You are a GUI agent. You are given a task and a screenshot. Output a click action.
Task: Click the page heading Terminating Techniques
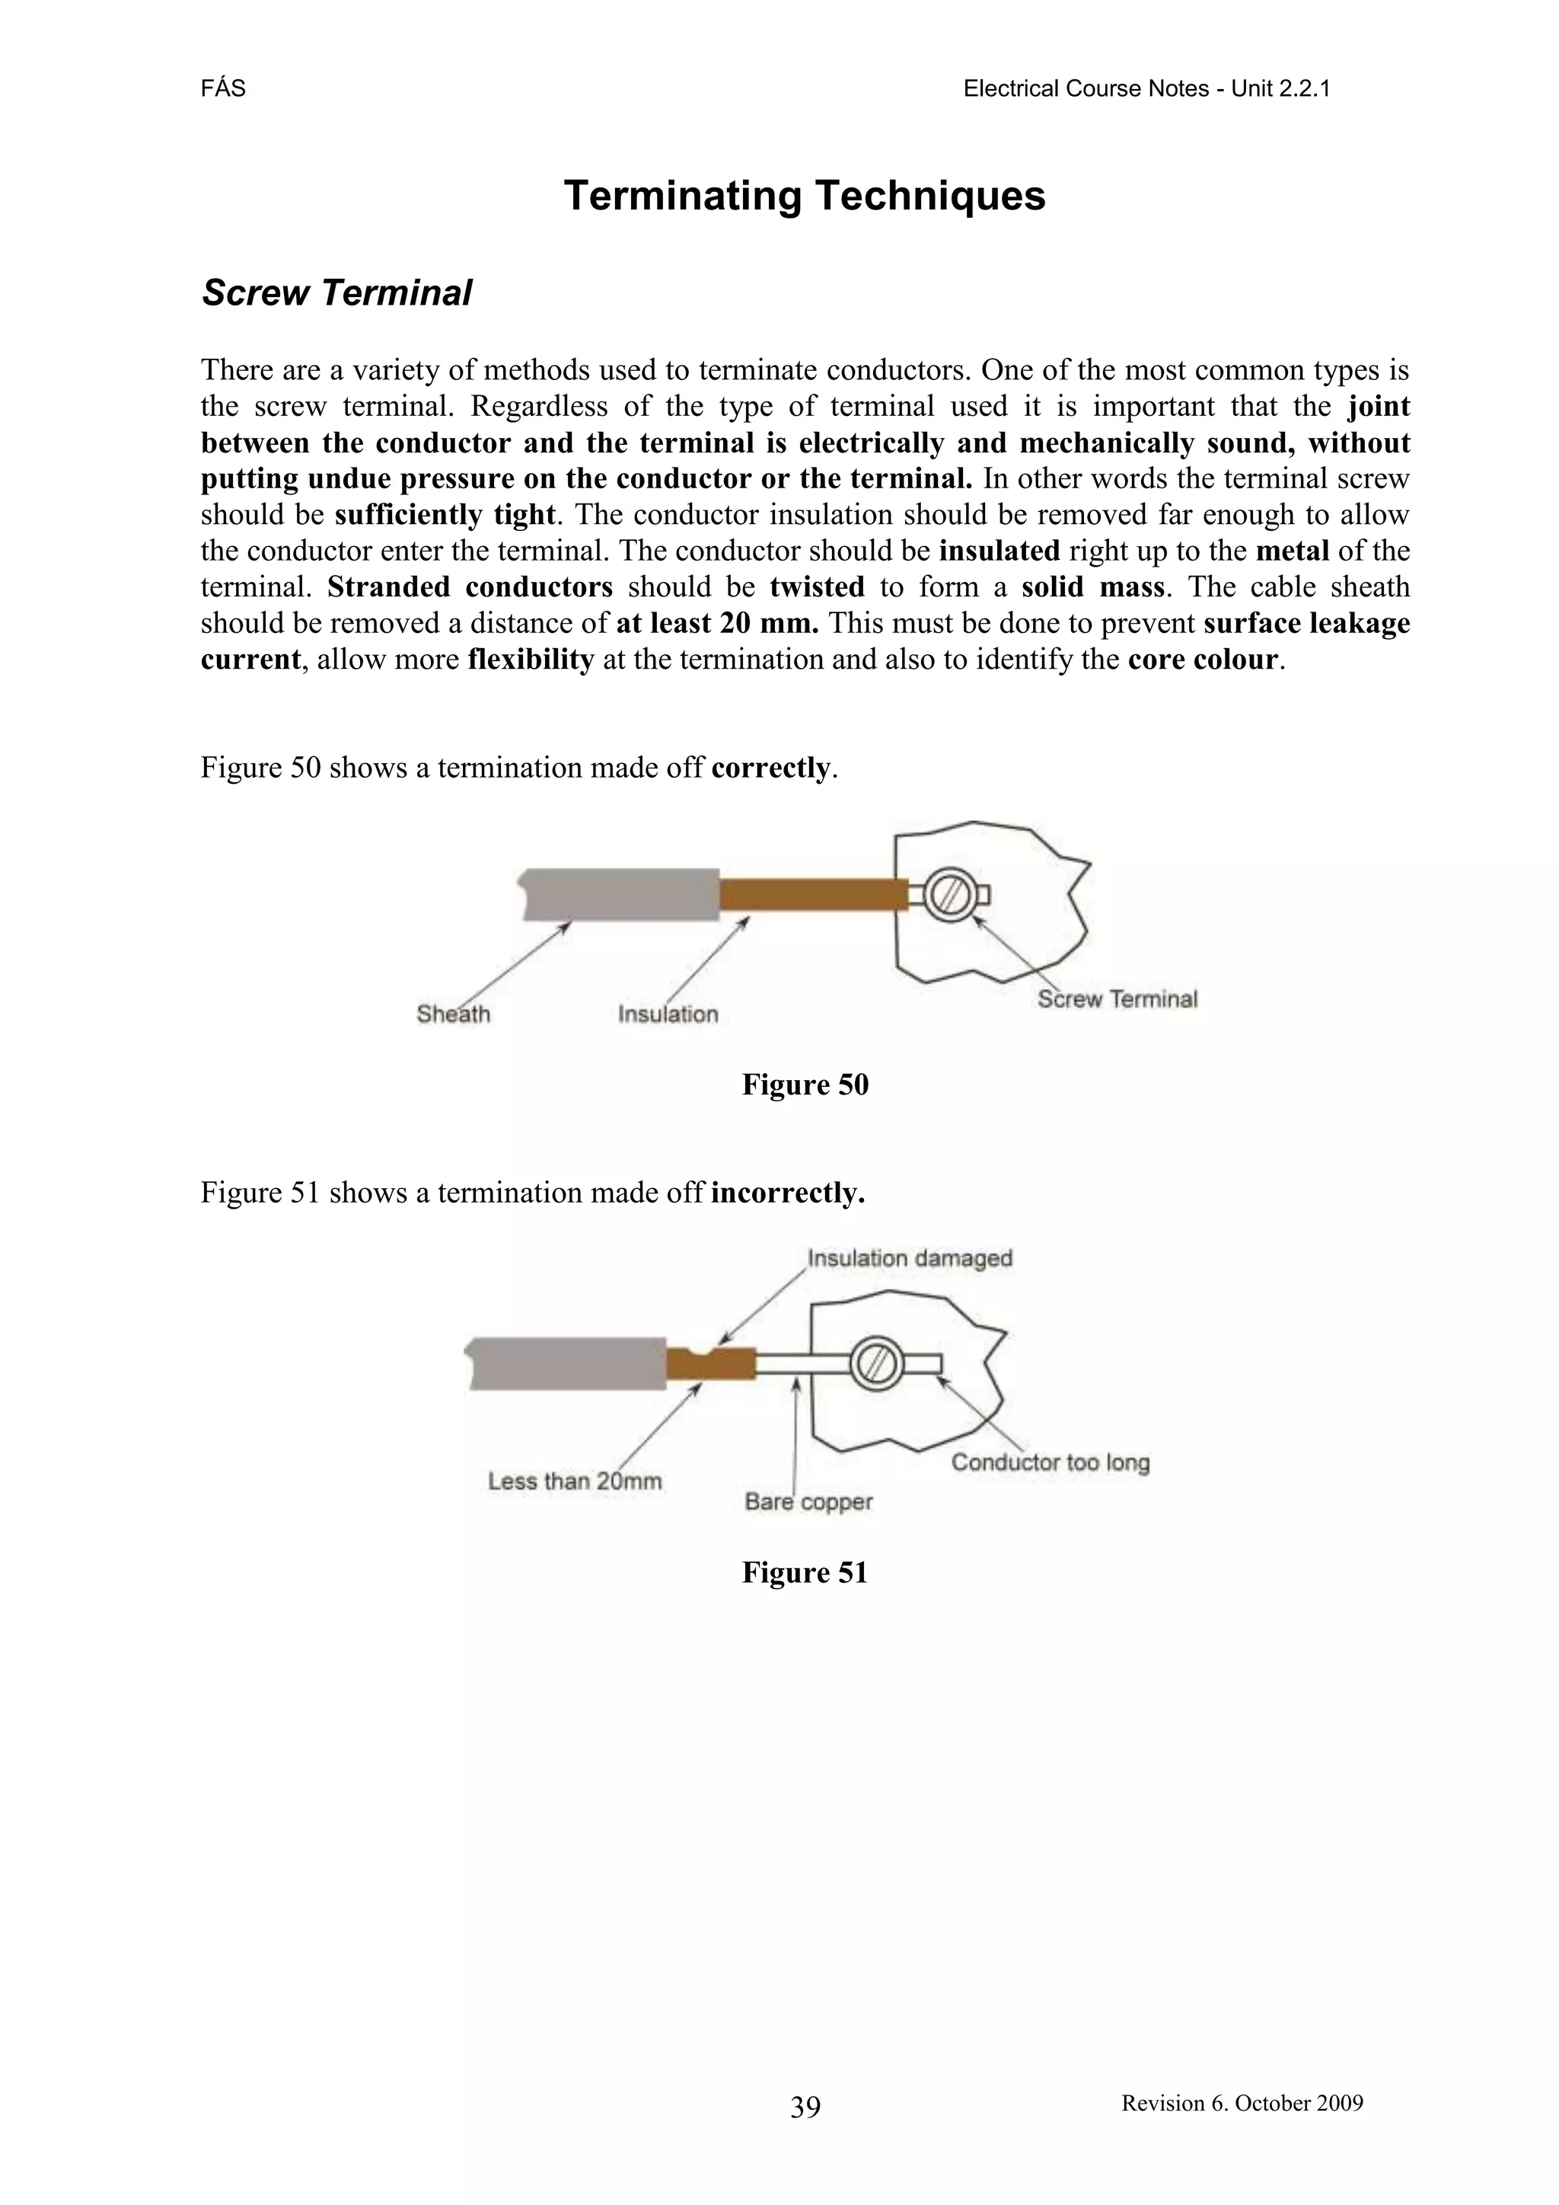[805, 196]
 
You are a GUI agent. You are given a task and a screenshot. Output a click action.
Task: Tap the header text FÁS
[223, 89]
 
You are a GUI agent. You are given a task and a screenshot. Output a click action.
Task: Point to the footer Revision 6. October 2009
[1242, 2102]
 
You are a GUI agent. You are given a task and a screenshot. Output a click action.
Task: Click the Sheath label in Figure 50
[453, 1014]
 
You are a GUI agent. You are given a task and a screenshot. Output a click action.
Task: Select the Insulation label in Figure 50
[668, 1014]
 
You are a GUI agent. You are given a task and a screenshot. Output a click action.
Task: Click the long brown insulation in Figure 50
[813, 894]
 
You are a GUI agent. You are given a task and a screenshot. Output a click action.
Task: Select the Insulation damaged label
[909, 1258]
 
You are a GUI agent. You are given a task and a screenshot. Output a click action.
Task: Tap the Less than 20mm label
[575, 1481]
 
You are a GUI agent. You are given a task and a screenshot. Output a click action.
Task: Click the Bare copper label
[808, 1501]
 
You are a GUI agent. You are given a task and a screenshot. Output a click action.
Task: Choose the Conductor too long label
[1050, 1462]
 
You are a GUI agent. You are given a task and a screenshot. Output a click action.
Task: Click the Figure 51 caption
[805, 1572]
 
